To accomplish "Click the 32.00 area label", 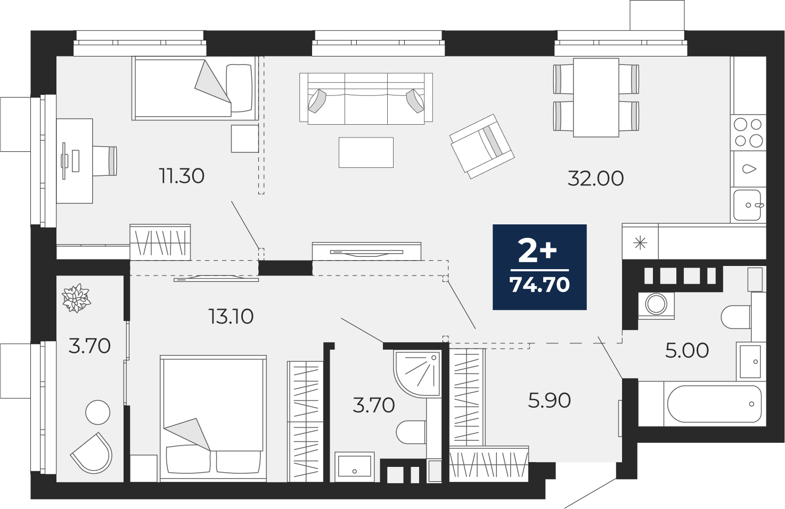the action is (x=595, y=178).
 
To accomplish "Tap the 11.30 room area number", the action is (x=181, y=176).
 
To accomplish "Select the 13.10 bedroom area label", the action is (x=231, y=317).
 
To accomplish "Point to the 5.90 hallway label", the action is (x=549, y=401).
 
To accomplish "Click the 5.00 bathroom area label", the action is (x=687, y=351).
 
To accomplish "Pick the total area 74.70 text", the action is (x=539, y=285).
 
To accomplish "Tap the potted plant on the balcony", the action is (x=76, y=298).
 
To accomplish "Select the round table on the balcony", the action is (x=98, y=413).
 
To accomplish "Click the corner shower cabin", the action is (x=417, y=374).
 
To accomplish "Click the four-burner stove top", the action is (x=748, y=133).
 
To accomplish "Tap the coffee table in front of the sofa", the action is (x=366, y=152).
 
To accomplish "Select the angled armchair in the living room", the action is (x=482, y=146).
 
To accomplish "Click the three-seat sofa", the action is (x=366, y=99).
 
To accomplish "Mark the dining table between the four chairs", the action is (x=596, y=98).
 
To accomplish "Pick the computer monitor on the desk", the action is (x=64, y=160).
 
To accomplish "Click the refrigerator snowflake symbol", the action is (x=640, y=243).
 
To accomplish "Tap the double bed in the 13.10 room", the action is (x=213, y=419).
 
